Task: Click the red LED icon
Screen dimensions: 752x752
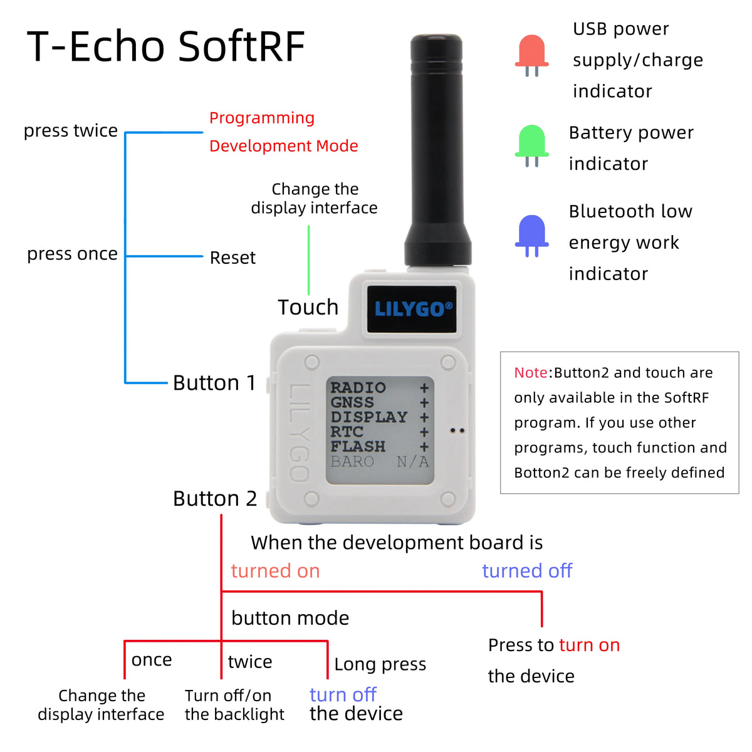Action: click(531, 53)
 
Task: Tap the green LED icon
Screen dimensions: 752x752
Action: click(531, 142)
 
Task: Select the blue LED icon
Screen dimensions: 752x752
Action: click(531, 232)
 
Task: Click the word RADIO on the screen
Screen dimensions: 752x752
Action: click(358, 388)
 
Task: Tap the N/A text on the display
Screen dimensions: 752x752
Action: click(413, 462)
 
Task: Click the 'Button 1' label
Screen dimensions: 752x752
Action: click(214, 383)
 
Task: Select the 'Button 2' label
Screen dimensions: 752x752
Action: click(215, 499)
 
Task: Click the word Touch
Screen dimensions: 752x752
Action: click(308, 307)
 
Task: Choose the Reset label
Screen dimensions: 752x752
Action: click(232, 258)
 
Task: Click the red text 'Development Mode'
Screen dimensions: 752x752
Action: click(283, 146)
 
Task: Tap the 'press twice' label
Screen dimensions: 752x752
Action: click(71, 130)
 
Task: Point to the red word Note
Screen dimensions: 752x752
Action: click(531, 373)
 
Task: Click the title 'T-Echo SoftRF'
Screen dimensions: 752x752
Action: click(166, 46)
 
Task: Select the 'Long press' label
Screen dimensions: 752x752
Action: click(380, 664)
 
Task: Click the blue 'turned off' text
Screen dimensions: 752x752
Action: click(527, 571)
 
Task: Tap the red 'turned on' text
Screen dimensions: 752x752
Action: click(275, 571)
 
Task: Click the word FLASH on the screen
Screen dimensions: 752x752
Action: click(358, 447)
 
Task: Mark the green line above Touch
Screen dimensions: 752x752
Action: click(309, 259)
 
